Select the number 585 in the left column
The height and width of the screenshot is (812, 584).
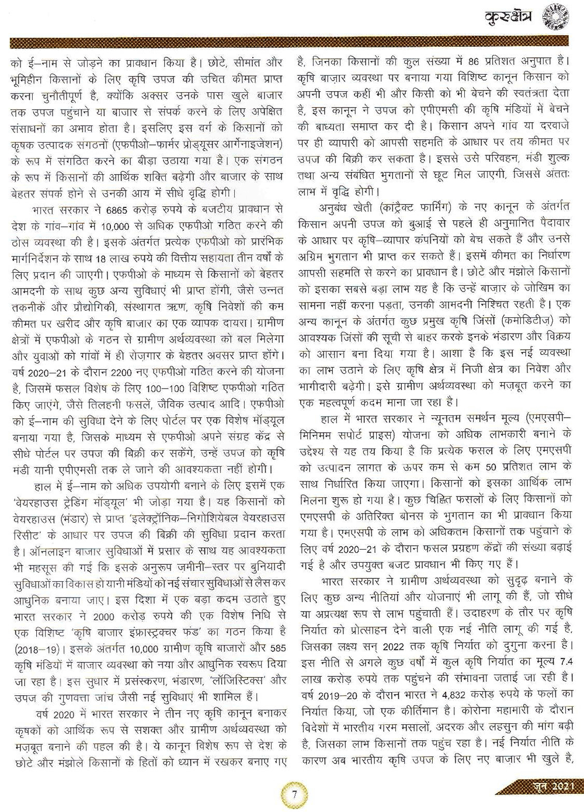275,664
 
